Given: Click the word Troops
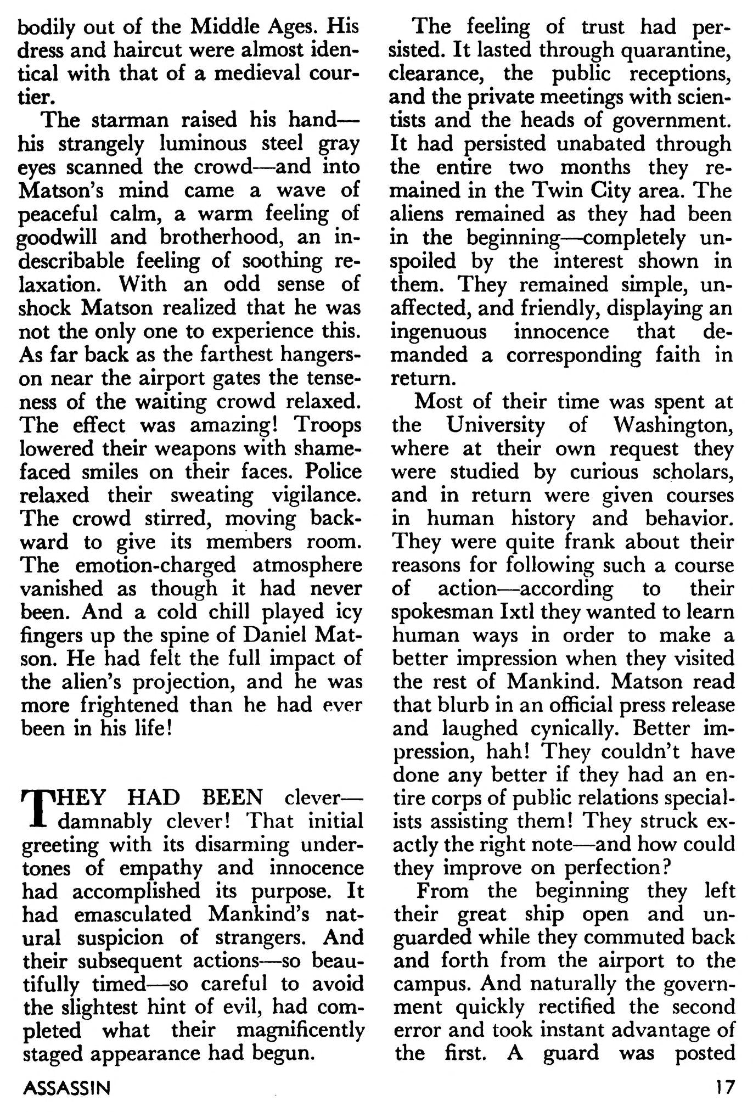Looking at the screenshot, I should (x=329, y=425).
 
